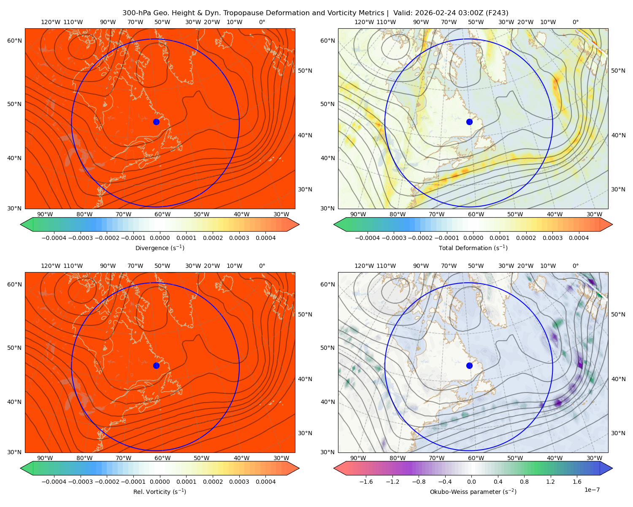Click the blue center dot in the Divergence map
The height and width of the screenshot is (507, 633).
156,122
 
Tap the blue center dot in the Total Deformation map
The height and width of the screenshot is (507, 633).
469,122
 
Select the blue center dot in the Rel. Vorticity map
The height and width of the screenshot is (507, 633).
156,365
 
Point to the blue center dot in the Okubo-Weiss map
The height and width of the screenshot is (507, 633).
469,365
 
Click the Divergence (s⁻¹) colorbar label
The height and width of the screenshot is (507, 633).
160,248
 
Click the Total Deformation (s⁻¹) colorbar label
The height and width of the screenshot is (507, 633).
473,248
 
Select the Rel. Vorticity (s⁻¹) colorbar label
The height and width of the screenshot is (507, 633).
160,492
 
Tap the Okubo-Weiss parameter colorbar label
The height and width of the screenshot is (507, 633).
473,492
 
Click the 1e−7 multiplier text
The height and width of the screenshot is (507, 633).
592,490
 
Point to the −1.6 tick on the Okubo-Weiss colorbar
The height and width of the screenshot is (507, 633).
366,482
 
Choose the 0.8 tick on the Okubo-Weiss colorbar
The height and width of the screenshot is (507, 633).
524,482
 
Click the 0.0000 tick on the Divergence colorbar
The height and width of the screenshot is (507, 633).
160,238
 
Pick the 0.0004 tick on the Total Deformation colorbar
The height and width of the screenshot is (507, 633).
579,238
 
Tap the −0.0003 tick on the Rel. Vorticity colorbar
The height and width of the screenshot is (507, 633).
80,482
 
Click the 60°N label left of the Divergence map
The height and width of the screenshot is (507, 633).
14,41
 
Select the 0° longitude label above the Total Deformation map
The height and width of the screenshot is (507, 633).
575,22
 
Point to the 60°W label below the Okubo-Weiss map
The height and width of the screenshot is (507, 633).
476,458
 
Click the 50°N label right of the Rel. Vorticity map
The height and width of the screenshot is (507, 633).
305,314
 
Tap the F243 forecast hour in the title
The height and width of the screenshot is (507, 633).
497,13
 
